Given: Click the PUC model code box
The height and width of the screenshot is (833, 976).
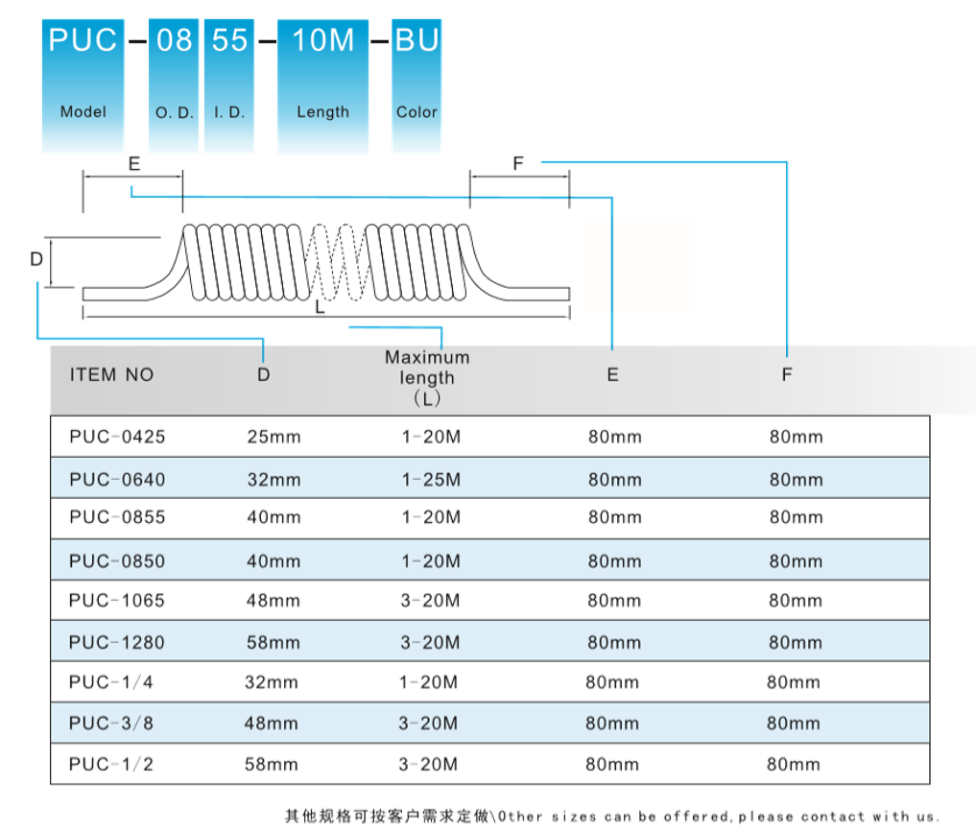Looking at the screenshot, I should [x=83, y=84].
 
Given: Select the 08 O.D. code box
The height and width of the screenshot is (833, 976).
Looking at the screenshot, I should [x=174, y=84].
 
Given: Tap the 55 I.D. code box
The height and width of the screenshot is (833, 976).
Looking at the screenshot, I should [x=228, y=84].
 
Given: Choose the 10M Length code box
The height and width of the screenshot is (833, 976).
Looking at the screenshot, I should [x=322, y=84].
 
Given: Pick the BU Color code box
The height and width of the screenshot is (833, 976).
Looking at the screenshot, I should [x=417, y=84].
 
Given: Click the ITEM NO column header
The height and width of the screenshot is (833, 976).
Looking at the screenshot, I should [x=111, y=375].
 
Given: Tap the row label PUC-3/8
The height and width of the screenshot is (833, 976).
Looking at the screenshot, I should [x=111, y=724].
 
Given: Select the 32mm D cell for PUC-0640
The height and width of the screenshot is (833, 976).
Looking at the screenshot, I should [x=274, y=479].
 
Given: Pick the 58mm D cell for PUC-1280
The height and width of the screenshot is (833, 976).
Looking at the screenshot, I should [x=274, y=642].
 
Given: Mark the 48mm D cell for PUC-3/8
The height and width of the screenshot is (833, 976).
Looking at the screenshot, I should [x=272, y=724].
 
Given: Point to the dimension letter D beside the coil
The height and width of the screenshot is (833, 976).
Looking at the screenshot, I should [x=36, y=259].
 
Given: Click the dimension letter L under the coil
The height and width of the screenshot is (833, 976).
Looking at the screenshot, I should [x=321, y=310].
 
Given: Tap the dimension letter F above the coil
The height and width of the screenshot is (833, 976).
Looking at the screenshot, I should [x=518, y=163].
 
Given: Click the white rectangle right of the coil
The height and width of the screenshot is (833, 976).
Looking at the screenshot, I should [x=637, y=264].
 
